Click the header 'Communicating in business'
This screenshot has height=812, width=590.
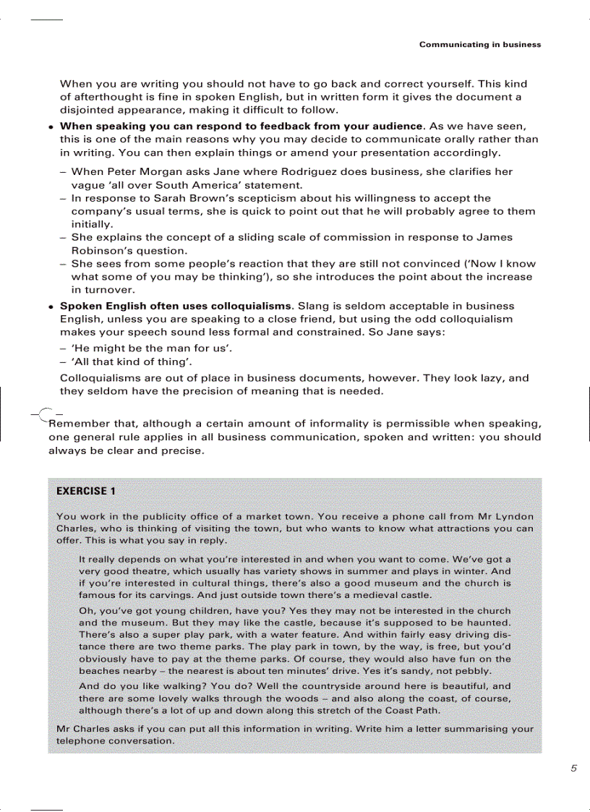pos(479,45)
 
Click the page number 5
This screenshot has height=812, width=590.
pos(573,769)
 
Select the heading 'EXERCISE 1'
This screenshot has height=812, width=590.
pos(85,491)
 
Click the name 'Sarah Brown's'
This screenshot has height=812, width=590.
pos(194,198)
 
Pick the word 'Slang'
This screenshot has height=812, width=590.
pos(313,306)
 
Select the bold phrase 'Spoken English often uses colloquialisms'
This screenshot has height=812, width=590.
pos(176,306)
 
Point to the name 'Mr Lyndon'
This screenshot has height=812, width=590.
pos(505,516)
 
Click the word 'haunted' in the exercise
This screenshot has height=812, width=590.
pos(489,623)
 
